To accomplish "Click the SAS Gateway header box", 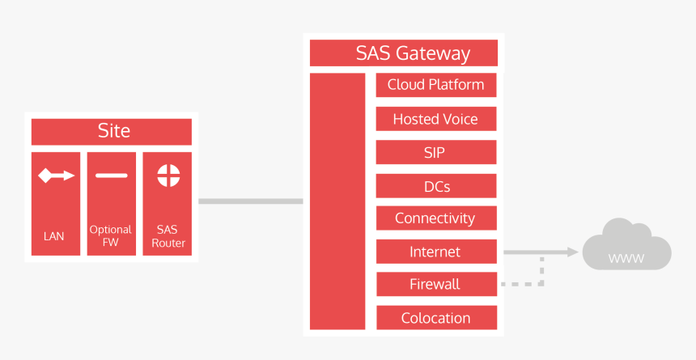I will tap(403, 53).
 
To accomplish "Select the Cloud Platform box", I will tap(435, 85).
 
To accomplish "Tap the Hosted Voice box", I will tap(435, 119).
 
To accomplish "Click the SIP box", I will tap(435, 152).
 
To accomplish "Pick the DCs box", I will tap(435, 186).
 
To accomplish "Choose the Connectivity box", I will tap(435, 218).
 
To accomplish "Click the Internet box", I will tap(435, 252).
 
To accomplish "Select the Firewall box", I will tap(435, 284).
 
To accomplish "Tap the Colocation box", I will tap(435, 318).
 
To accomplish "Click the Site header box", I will tap(112, 131).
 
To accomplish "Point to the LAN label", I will tap(54, 237).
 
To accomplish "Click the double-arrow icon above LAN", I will tap(56, 176).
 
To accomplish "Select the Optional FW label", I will tap(111, 235).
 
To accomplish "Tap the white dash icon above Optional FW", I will tap(111, 176).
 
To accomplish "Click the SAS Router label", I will tap(168, 235).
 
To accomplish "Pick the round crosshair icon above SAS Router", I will tap(168, 176).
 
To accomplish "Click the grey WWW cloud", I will tap(627, 247).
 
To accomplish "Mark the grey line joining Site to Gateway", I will tap(250, 201).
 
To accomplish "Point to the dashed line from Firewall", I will tap(522, 284).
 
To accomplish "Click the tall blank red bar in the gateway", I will tap(337, 201).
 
